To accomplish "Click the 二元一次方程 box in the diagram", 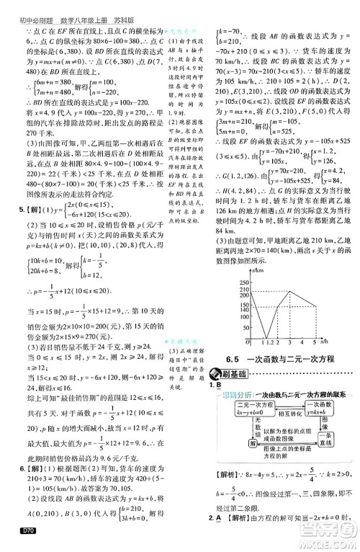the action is coord(239,407).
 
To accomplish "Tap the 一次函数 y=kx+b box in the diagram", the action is coord(325,411).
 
